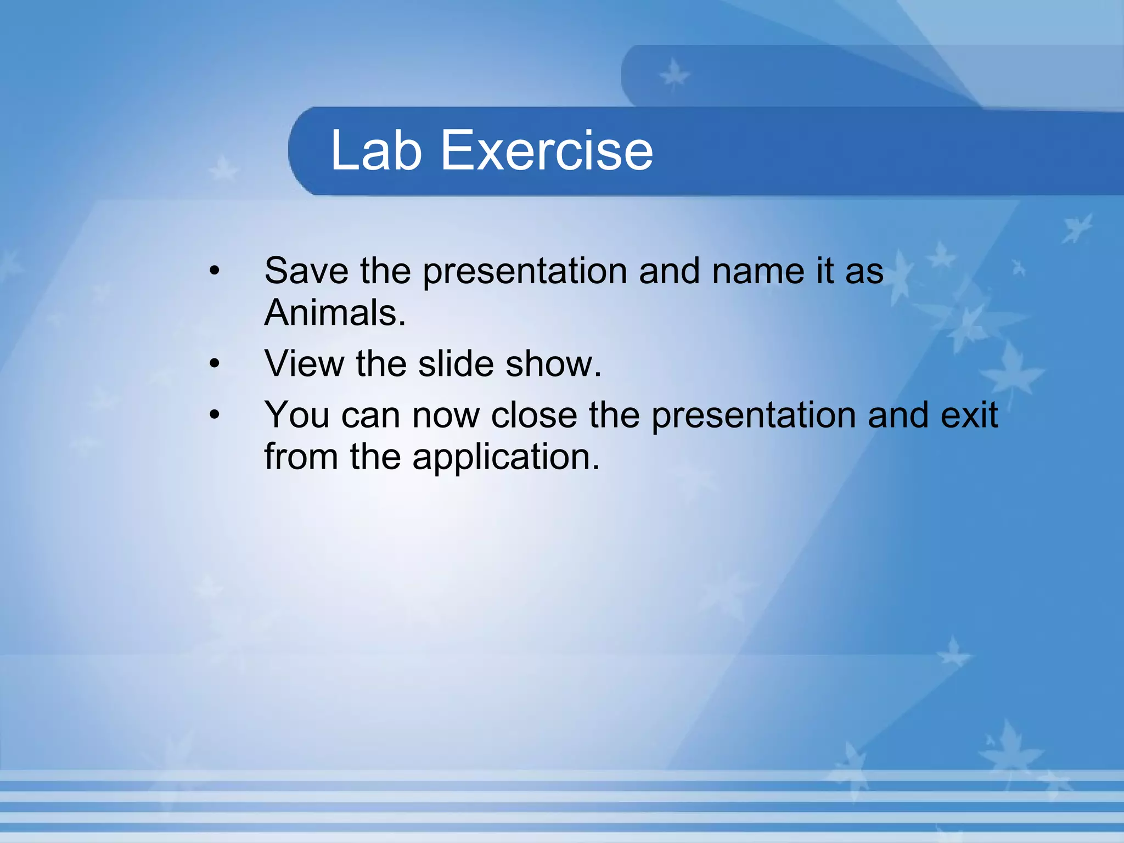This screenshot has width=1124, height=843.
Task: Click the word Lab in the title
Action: pyautogui.click(x=376, y=150)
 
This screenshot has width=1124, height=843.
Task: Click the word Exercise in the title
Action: pyautogui.click(x=547, y=150)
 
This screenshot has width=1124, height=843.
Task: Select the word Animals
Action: pyautogui.click(x=335, y=313)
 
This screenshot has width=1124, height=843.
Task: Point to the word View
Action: pyautogui.click(x=304, y=363)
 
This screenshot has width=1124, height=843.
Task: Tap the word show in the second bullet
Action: pyautogui.click(x=553, y=363)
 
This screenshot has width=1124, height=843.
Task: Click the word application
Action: pyautogui.click(x=505, y=457)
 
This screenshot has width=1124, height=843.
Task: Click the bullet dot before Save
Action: pyautogui.click(x=215, y=271)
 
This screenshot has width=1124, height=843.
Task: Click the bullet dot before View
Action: pyautogui.click(x=215, y=364)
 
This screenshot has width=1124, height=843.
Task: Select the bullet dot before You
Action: pyautogui.click(x=215, y=415)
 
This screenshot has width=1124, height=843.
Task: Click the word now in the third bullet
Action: pyautogui.click(x=446, y=415)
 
